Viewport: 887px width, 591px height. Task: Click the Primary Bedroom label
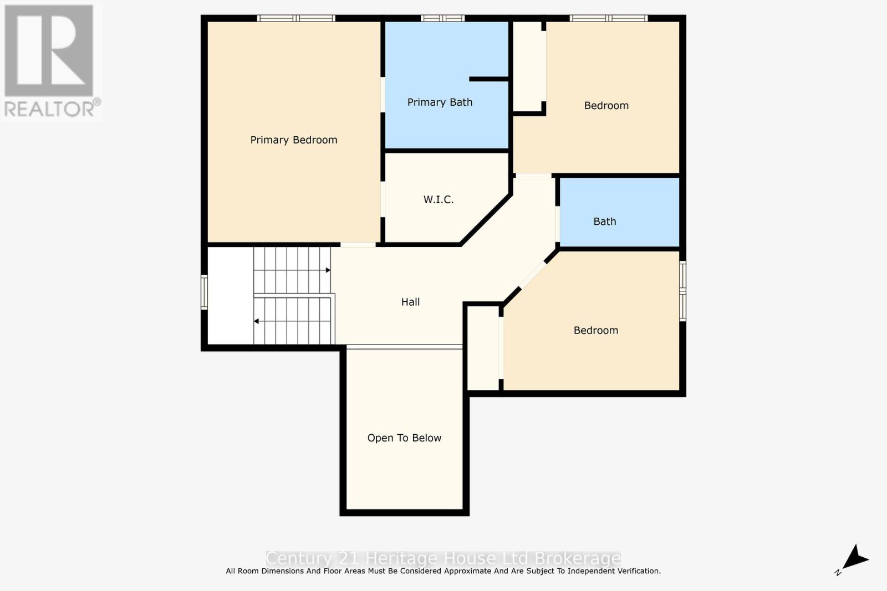tap(294, 140)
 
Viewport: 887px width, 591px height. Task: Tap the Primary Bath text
tap(440, 102)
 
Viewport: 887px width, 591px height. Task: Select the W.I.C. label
tap(439, 199)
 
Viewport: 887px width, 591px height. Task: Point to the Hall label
tap(410, 302)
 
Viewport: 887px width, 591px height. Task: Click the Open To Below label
tap(404, 438)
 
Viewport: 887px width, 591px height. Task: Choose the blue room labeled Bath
tap(619, 213)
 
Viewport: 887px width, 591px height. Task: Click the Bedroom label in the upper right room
tap(606, 106)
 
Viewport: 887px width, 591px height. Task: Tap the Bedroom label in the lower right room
tap(595, 331)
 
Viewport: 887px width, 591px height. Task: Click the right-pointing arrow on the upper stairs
tap(328, 270)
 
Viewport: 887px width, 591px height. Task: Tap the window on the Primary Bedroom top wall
tap(296, 18)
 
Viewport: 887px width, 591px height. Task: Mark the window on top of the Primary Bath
tap(442, 18)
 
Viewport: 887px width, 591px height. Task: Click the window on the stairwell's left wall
tap(204, 292)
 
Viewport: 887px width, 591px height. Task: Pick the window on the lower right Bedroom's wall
tap(683, 291)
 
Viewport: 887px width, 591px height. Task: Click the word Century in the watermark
tap(299, 558)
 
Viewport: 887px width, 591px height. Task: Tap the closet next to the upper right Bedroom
tap(529, 66)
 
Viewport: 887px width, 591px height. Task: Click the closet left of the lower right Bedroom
tap(483, 348)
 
